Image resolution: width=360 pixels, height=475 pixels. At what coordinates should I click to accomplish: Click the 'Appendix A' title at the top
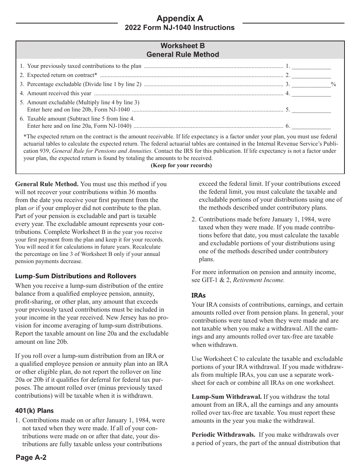pyautogui.click(x=180, y=18)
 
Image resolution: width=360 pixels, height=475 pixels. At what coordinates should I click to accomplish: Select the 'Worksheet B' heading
pyautogui.click(x=182, y=46)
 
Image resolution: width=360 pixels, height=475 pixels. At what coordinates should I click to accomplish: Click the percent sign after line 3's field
pyautogui.click(x=333, y=84)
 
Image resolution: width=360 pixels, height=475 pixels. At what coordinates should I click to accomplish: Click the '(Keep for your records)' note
pyautogui.click(x=181, y=165)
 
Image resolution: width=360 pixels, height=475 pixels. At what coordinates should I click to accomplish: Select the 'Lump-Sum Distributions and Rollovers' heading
pyautogui.click(x=76, y=276)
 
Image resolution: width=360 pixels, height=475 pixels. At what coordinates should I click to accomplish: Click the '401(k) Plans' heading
pyautogui.click(x=34, y=411)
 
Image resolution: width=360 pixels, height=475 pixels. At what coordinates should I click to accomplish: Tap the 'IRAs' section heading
pyautogui.click(x=199, y=295)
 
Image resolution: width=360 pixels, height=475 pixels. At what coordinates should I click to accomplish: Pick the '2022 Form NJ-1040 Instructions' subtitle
pyautogui.click(x=180, y=28)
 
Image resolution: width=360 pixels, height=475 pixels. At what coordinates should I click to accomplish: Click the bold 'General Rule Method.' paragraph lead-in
pyautogui.click(x=47, y=184)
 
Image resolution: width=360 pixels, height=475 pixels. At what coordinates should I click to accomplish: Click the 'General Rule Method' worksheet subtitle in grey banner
pyautogui.click(x=183, y=55)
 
